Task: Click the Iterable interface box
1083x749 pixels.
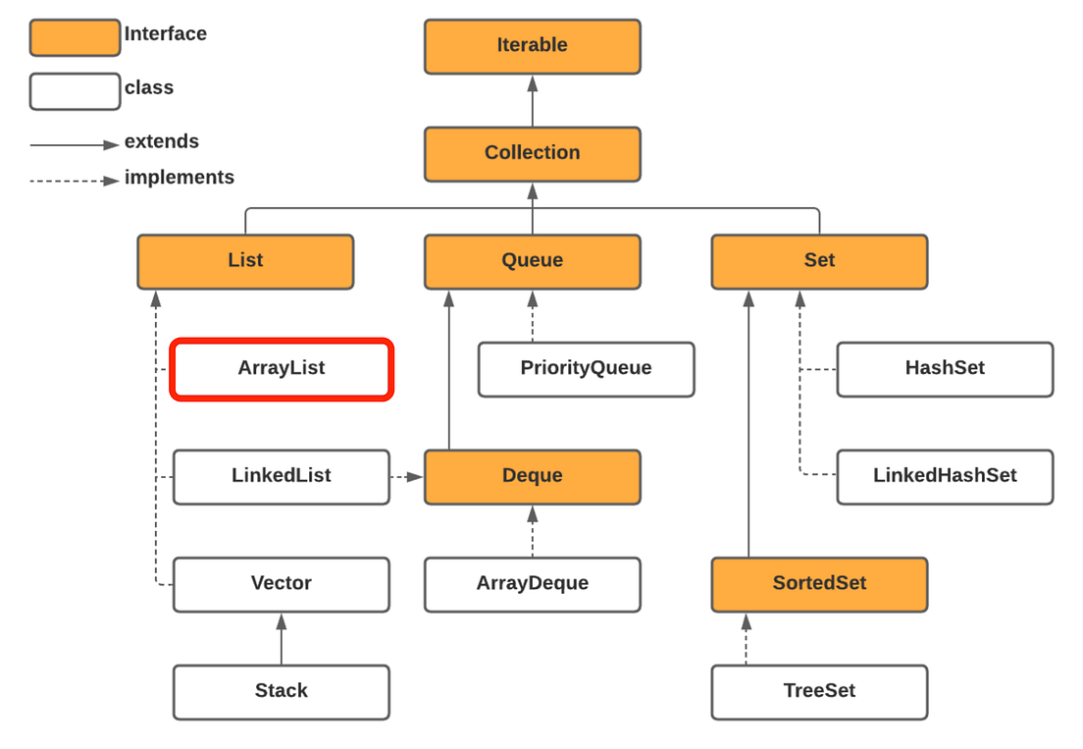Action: pos(532,46)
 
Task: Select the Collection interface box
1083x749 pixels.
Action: pos(532,153)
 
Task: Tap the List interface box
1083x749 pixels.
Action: pos(245,261)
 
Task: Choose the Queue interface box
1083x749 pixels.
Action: pos(532,261)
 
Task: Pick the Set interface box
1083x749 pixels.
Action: pos(819,261)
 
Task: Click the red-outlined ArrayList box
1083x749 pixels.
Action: pos(282,369)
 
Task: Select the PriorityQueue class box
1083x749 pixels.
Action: pos(586,369)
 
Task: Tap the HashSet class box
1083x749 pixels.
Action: pos(945,369)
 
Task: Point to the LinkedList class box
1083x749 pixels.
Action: pos(282,476)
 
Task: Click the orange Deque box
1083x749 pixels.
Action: pos(532,476)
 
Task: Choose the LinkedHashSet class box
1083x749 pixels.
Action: pos(945,476)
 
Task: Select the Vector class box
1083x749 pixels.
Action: pos(282,584)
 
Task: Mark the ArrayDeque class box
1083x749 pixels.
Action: pos(532,584)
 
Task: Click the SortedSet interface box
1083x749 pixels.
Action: pos(819,584)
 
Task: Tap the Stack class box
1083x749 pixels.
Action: pos(282,691)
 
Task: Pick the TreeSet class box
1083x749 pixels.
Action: pos(819,691)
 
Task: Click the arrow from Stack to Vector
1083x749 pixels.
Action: pos(282,639)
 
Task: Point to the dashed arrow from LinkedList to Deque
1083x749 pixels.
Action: pos(406,477)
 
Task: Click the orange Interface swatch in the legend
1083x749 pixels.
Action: pos(75,37)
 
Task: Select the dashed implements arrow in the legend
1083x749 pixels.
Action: pos(75,181)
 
